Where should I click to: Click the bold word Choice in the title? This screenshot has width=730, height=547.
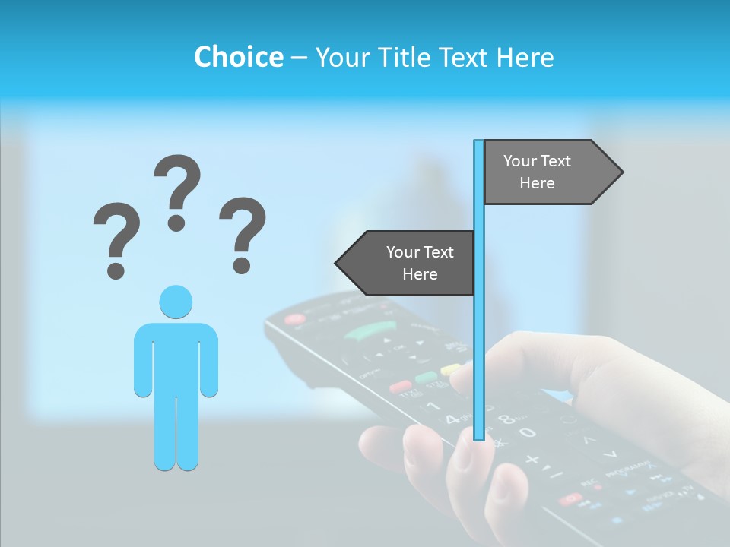click(x=238, y=57)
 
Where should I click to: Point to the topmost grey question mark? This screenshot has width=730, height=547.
click(x=177, y=190)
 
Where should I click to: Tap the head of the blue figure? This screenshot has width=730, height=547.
click(x=176, y=302)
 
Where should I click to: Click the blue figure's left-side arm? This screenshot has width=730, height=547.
click(x=142, y=361)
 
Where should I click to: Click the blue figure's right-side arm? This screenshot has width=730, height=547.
click(x=209, y=361)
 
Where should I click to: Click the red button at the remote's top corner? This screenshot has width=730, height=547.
click(x=294, y=319)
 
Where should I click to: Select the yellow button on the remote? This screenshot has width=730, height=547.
click(x=451, y=370)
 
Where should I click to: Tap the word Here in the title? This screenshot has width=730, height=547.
click(x=525, y=57)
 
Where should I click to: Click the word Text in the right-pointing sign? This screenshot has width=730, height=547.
click(x=556, y=161)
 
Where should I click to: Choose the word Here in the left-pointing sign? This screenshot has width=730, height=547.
click(x=420, y=274)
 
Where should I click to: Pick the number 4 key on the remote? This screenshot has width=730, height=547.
click(x=452, y=419)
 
